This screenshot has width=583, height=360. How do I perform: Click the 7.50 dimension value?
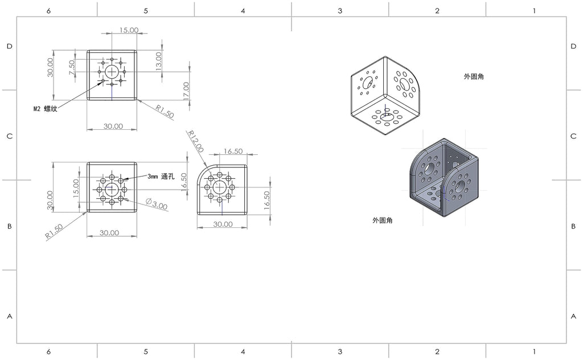[72, 68]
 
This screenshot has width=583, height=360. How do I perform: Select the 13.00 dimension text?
[159, 62]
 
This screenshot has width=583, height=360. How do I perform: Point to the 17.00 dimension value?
[186, 91]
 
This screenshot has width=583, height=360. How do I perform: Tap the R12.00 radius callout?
[196, 141]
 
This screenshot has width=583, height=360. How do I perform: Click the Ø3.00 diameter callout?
[157, 204]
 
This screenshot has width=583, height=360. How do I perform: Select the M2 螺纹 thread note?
[46, 109]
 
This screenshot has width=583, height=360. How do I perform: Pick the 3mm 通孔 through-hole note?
[161, 176]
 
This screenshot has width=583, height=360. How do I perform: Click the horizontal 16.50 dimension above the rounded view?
[233, 152]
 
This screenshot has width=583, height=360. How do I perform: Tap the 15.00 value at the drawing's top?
[129, 30]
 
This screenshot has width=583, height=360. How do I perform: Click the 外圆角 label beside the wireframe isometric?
[474, 76]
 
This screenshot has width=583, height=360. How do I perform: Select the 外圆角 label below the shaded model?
[383, 220]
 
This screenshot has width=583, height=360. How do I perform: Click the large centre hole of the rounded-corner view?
[220, 187]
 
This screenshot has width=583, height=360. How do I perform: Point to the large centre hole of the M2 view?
[112, 72]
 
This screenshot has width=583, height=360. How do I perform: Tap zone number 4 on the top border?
[243, 11]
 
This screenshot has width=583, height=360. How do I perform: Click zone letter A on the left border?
[10, 316]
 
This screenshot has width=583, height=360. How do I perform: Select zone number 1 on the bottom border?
[534, 351]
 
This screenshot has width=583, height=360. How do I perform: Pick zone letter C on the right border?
[573, 136]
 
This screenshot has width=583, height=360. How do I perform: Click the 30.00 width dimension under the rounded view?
[223, 224]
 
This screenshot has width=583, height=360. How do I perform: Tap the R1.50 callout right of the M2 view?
[165, 112]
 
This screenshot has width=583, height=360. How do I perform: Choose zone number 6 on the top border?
[49, 11]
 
